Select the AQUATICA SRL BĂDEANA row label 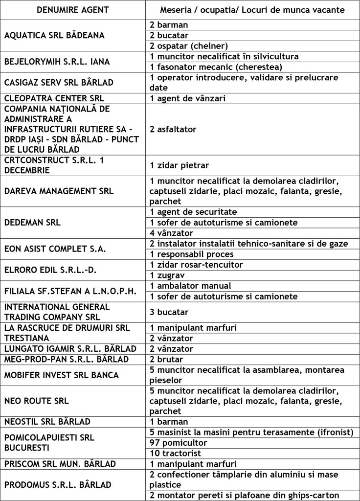[54, 35]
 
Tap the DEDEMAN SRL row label [32, 222]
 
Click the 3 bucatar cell [169, 312]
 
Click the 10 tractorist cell [176, 453]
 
